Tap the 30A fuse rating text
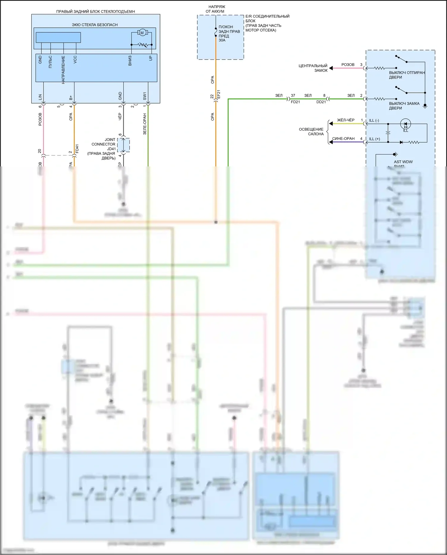222,40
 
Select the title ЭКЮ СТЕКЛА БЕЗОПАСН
95,25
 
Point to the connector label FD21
295,102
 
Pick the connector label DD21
321,102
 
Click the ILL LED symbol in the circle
405,123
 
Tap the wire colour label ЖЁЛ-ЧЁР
346,120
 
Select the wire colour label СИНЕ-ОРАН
343,139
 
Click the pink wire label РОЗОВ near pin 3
348,65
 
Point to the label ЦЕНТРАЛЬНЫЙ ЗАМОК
313,68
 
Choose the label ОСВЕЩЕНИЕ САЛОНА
311,132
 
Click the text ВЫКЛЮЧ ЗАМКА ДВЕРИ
404,106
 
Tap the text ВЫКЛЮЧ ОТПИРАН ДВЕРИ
406,75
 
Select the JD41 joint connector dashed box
123,145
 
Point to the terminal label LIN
40,97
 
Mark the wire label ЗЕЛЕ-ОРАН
145,124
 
